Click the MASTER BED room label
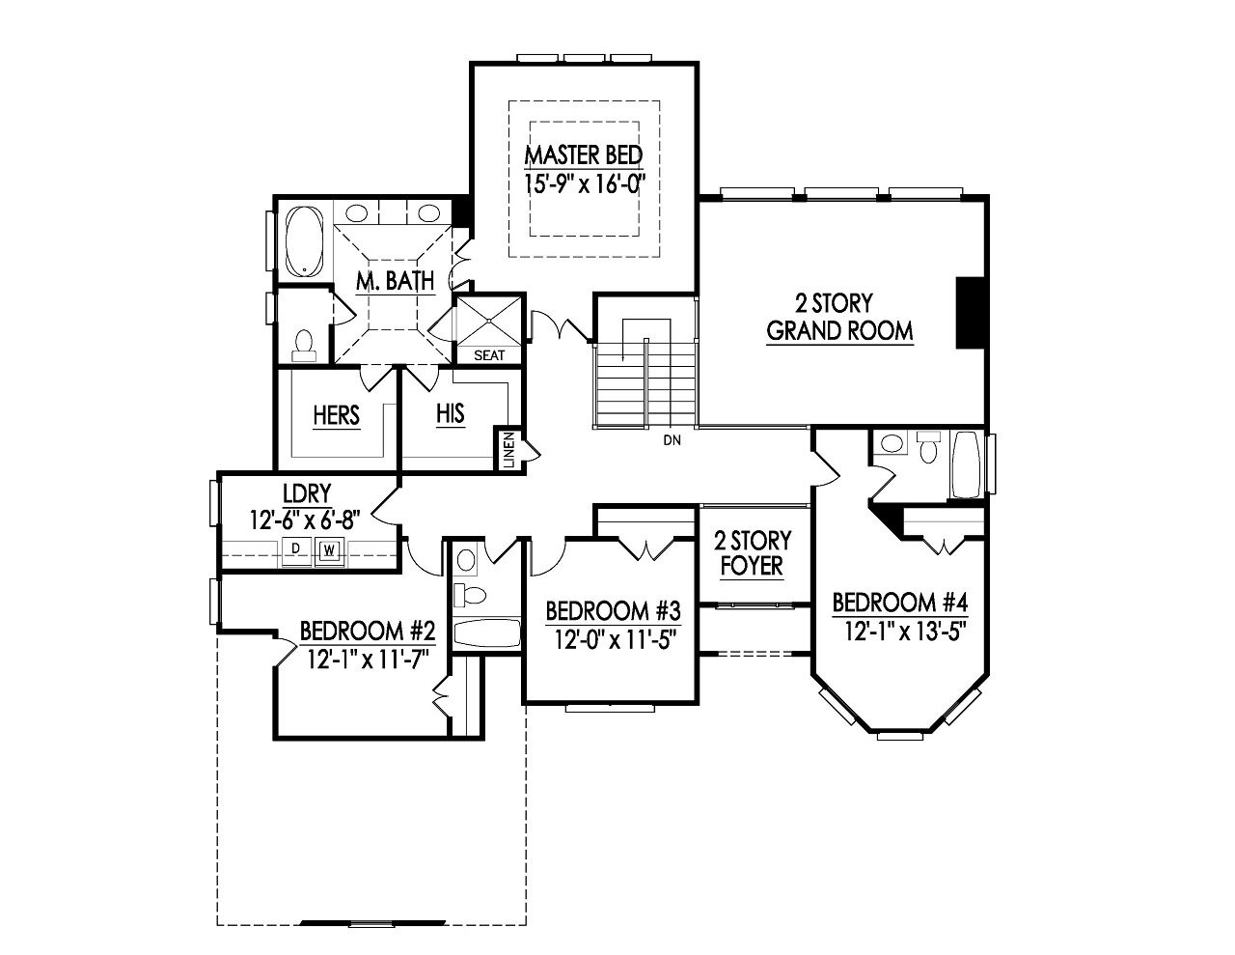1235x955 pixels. click(583, 154)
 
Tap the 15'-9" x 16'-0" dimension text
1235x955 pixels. click(583, 183)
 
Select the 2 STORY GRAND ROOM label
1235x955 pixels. click(839, 318)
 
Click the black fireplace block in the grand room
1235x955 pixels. click(969, 312)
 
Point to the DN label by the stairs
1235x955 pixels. click(672, 441)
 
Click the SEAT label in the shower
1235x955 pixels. click(489, 355)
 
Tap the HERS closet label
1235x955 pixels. click(337, 415)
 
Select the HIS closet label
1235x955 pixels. click(450, 413)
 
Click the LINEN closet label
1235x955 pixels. click(508, 450)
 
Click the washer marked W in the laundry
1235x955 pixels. click(329, 550)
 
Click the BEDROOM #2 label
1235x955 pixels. click(368, 632)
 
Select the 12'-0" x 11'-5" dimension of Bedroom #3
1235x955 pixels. click(613, 639)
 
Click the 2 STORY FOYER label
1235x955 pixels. click(753, 553)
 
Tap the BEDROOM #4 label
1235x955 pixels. click(899, 604)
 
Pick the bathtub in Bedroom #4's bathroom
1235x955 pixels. click(966, 464)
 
